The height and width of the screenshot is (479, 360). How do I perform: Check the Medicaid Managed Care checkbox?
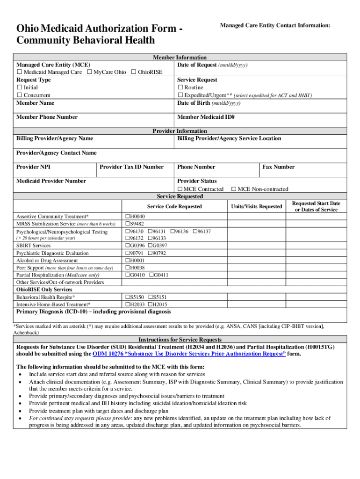coord(20,73)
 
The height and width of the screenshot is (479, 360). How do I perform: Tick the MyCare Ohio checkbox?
coord(89,73)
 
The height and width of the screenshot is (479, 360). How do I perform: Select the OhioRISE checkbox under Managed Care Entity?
coord(134,73)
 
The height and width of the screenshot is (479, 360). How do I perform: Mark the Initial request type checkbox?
coord(20,87)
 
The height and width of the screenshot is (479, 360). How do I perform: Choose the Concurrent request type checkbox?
coord(20,95)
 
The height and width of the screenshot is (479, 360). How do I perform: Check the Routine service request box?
coord(180,87)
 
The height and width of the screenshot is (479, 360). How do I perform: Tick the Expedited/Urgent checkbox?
coord(180,95)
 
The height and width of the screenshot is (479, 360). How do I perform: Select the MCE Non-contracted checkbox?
coord(234,189)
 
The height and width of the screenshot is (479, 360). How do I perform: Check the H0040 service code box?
coord(127,217)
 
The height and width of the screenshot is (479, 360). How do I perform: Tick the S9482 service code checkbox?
coord(127,224)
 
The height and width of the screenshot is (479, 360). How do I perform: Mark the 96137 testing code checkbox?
coord(195,232)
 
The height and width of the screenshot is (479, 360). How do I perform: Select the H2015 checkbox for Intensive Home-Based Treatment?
coord(151,304)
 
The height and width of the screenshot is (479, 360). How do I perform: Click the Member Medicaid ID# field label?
coord(206,117)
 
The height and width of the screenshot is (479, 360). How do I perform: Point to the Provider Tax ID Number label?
coord(132,167)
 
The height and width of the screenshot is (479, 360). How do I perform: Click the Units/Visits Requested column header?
coord(257,206)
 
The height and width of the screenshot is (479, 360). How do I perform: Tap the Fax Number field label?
coord(279,167)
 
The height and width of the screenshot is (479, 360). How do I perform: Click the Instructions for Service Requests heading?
coord(180,340)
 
